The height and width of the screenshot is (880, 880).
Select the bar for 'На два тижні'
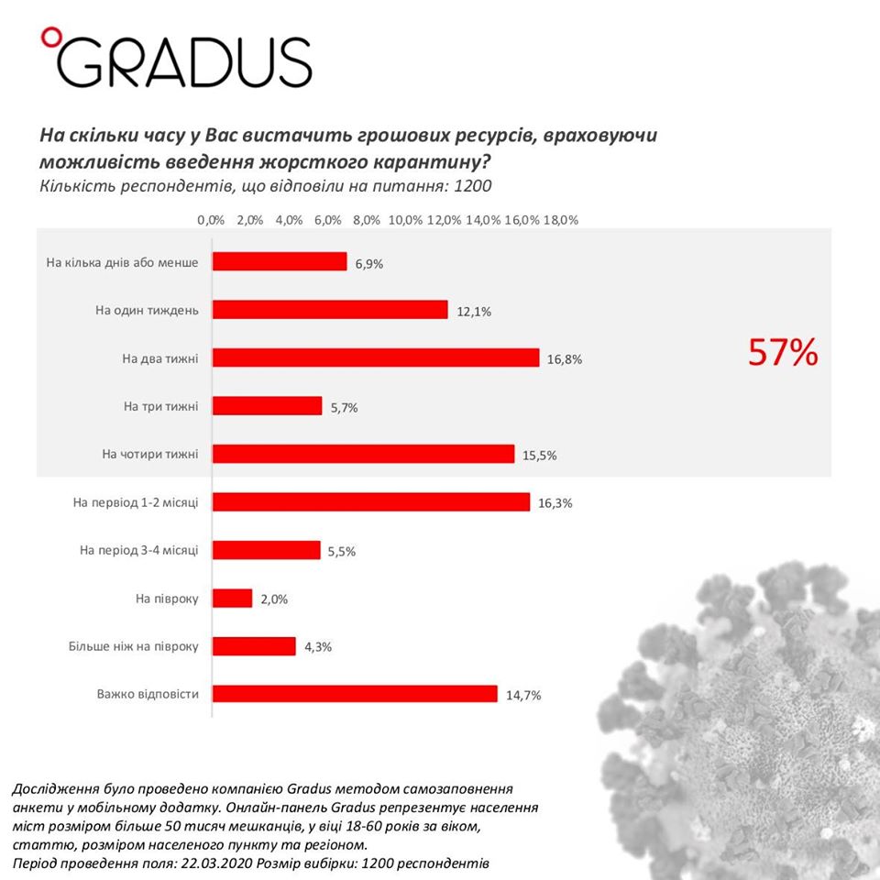[x=376, y=357]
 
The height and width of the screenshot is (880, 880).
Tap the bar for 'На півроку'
[x=233, y=599]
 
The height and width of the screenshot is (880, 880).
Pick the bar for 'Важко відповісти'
[x=355, y=694]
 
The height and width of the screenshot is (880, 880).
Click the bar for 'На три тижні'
[x=268, y=406]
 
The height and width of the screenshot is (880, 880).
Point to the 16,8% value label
[x=565, y=359]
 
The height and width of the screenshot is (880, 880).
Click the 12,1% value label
[x=474, y=312]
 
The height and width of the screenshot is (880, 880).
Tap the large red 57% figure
[x=782, y=353]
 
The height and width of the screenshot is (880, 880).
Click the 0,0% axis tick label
[x=211, y=220]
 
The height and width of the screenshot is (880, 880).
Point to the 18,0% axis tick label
[x=561, y=220]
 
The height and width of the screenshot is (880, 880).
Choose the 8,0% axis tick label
[x=367, y=220]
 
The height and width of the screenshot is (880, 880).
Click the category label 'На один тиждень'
[x=147, y=310]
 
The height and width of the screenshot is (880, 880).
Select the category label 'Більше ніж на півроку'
[x=134, y=646]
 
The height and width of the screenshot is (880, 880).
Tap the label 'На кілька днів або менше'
[x=122, y=262]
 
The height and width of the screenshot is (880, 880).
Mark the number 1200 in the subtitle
[x=473, y=187]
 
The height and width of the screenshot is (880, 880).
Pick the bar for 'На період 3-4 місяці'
[x=267, y=550]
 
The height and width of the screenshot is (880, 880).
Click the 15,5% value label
[x=540, y=456]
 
